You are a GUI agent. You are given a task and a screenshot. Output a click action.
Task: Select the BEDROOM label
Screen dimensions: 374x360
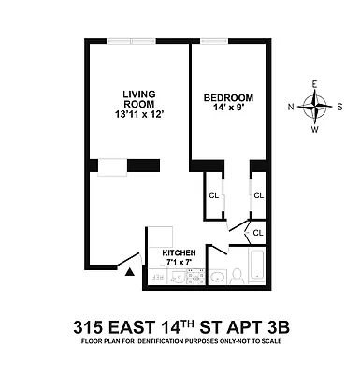tap(227, 97)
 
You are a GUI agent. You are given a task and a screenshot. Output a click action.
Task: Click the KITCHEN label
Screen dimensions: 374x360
tap(180, 252)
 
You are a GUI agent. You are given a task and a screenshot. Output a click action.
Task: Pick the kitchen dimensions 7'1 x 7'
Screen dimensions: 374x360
tap(179, 263)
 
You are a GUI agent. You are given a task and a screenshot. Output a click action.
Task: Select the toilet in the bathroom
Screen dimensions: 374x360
tap(237, 274)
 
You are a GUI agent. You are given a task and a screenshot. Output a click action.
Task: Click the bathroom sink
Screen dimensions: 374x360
tap(219, 276)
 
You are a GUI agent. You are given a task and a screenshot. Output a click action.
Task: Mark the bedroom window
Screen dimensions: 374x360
tap(214, 41)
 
